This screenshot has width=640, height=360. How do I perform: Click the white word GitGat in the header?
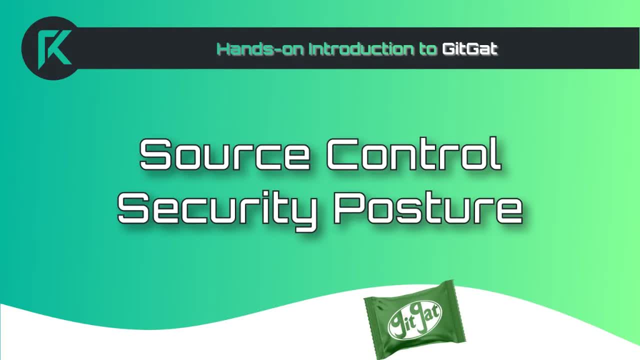coord(469,49)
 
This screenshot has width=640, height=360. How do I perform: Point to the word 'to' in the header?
coord(428,49)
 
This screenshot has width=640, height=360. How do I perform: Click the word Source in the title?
coord(224,154)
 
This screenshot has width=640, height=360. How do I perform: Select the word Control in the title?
coord(414,154)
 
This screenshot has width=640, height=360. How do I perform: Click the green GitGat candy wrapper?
coord(414,319)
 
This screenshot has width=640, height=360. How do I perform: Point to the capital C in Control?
coord(343,154)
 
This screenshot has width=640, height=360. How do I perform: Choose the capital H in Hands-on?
coord(223,49)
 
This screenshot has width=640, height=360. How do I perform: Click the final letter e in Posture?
coord(507,210)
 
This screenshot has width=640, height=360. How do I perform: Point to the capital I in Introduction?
coord(311,49)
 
